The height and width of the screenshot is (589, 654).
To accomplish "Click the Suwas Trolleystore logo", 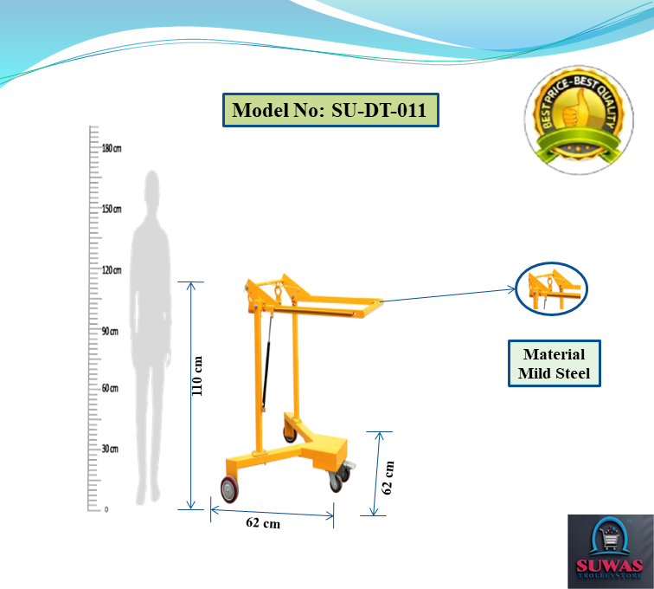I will (610, 551).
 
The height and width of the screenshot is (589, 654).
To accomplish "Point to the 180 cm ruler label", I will (112, 148).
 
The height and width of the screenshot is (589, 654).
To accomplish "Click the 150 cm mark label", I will (112, 209).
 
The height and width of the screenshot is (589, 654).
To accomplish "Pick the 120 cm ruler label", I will (112, 270).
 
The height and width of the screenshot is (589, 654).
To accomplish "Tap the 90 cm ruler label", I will (110, 331).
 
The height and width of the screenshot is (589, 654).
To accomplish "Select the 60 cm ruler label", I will (110, 388).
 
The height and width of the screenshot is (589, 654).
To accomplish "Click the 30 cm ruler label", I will (110, 449).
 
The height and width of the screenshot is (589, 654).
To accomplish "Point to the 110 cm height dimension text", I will (197, 376).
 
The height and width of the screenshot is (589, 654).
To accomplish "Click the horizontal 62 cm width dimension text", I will (263, 523).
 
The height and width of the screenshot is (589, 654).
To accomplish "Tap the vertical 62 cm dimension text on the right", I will (388, 477).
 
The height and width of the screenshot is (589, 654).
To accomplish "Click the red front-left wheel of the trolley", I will (230, 489).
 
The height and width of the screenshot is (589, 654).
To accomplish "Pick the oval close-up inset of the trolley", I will (551, 288).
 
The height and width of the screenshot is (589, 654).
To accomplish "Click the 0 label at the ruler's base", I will (106, 509).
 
